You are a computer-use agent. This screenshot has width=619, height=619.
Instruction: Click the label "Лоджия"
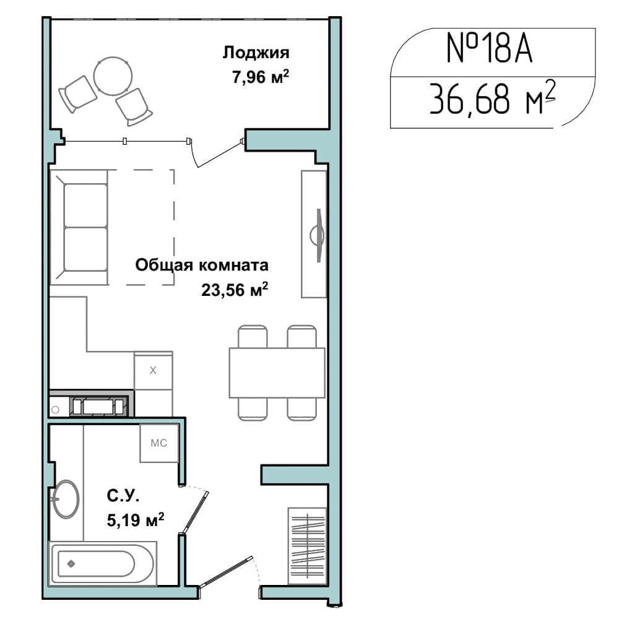coord(256,53)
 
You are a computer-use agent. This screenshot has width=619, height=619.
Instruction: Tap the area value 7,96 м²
coord(261,77)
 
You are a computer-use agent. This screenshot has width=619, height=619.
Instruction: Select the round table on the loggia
coord(113,76)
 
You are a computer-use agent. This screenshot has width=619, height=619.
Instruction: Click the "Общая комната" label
coord(202,265)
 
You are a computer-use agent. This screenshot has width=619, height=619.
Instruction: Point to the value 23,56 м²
coord(235,289)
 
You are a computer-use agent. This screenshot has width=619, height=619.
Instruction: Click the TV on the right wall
coord(318,235)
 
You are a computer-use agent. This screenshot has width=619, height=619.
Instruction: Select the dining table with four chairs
coord(277,372)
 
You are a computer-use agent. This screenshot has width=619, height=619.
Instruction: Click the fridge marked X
coord(153,370)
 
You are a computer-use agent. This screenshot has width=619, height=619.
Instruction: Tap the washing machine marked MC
coord(159,443)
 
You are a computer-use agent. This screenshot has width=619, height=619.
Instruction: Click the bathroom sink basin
coord(66,499)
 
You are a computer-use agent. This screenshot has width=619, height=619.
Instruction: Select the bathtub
coord(103,563)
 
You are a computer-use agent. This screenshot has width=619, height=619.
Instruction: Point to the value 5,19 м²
coord(136,520)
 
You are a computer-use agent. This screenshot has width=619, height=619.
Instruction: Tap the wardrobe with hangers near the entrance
coord(307,546)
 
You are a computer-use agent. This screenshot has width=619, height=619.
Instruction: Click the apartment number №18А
coord(490,48)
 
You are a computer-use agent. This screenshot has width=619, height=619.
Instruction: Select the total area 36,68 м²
coord(493,98)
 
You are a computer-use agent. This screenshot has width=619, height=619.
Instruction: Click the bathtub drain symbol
coord(71,564)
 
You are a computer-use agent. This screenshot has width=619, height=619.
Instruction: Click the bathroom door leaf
coord(195,512)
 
